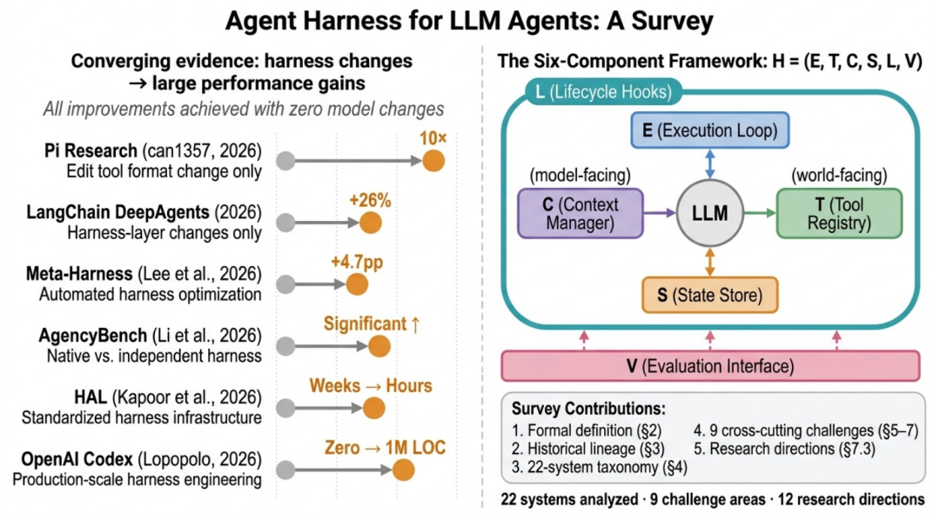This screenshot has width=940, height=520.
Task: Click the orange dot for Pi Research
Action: (433, 161)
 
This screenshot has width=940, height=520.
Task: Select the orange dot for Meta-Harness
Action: (357, 284)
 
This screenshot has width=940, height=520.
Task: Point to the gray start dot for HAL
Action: (284, 409)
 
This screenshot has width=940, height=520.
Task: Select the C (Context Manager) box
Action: (580, 214)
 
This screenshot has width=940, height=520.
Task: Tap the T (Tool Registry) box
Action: (839, 214)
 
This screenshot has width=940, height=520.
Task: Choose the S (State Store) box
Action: (709, 295)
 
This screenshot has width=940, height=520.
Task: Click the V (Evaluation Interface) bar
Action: (709, 366)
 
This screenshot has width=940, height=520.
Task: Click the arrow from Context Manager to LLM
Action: (658, 213)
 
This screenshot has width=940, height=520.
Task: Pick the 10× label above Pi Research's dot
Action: (433, 137)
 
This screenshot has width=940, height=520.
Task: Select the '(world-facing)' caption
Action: (838, 176)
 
